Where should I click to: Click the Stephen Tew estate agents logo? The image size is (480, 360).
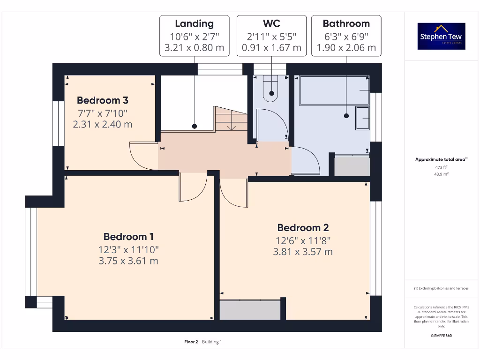click(441, 37)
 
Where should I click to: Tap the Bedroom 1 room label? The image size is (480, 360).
click(128, 237)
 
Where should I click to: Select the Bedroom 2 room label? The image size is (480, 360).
click(303, 228)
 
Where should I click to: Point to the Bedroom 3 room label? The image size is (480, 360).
click(103, 100)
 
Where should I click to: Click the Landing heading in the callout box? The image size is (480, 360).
click(194, 24)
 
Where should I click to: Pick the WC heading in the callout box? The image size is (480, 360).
click(271, 24)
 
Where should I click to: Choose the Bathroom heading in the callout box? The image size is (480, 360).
click(346, 24)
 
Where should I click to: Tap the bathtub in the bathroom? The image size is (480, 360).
click(334, 90)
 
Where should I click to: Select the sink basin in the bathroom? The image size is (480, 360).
click(362, 119)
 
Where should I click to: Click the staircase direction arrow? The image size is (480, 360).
click(231, 127)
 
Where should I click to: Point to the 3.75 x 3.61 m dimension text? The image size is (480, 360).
click(128, 261)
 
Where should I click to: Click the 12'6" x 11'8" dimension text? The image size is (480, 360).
click(303, 240)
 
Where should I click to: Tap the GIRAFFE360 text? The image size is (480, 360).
click(441, 336)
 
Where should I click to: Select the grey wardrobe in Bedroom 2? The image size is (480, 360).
click(250, 309)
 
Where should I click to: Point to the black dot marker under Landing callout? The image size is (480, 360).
click(194, 127)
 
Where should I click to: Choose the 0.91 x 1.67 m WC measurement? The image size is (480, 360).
click(271, 48)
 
